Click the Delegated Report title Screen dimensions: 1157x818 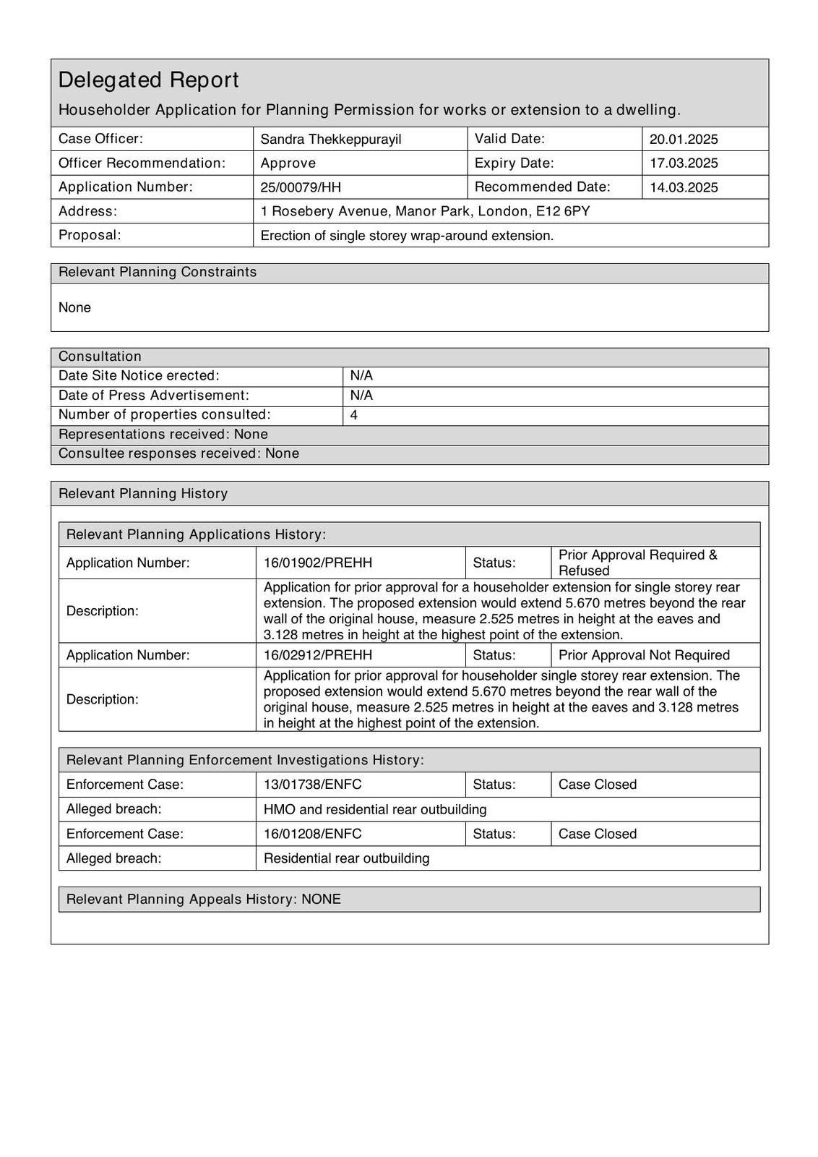pyautogui.click(x=148, y=80)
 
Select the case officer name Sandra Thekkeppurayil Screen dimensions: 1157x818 pyautogui.click(x=330, y=139)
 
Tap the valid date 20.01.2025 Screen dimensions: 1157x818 pyautogui.click(x=683, y=139)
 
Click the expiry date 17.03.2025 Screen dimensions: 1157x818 pyautogui.click(x=683, y=163)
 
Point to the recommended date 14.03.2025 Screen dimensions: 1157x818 pyautogui.click(x=683, y=187)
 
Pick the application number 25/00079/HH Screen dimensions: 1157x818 pyautogui.click(x=301, y=187)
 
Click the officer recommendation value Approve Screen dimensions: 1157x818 pyautogui.click(x=288, y=163)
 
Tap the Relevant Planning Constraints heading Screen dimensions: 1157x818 pyautogui.click(x=158, y=272)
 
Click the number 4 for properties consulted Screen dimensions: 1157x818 pyautogui.click(x=353, y=415)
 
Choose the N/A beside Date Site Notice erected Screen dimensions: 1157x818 pyautogui.click(x=361, y=376)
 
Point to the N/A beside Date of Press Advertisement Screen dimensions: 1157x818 pyautogui.click(x=361, y=396)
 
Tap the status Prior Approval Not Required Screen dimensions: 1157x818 pyautogui.click(x=644, y=655)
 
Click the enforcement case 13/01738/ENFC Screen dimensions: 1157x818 pyautogui.click(x=312, y=785)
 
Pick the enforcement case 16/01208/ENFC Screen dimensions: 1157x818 pyautogui.click(x=312, y=834)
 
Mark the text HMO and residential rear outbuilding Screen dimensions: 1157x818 pyautogui.click(x=375, y=809)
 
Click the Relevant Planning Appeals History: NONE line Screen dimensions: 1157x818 pyautogui.click(x=203, y=899)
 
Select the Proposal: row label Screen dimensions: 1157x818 pyautogui.click(x=90, y=235)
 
